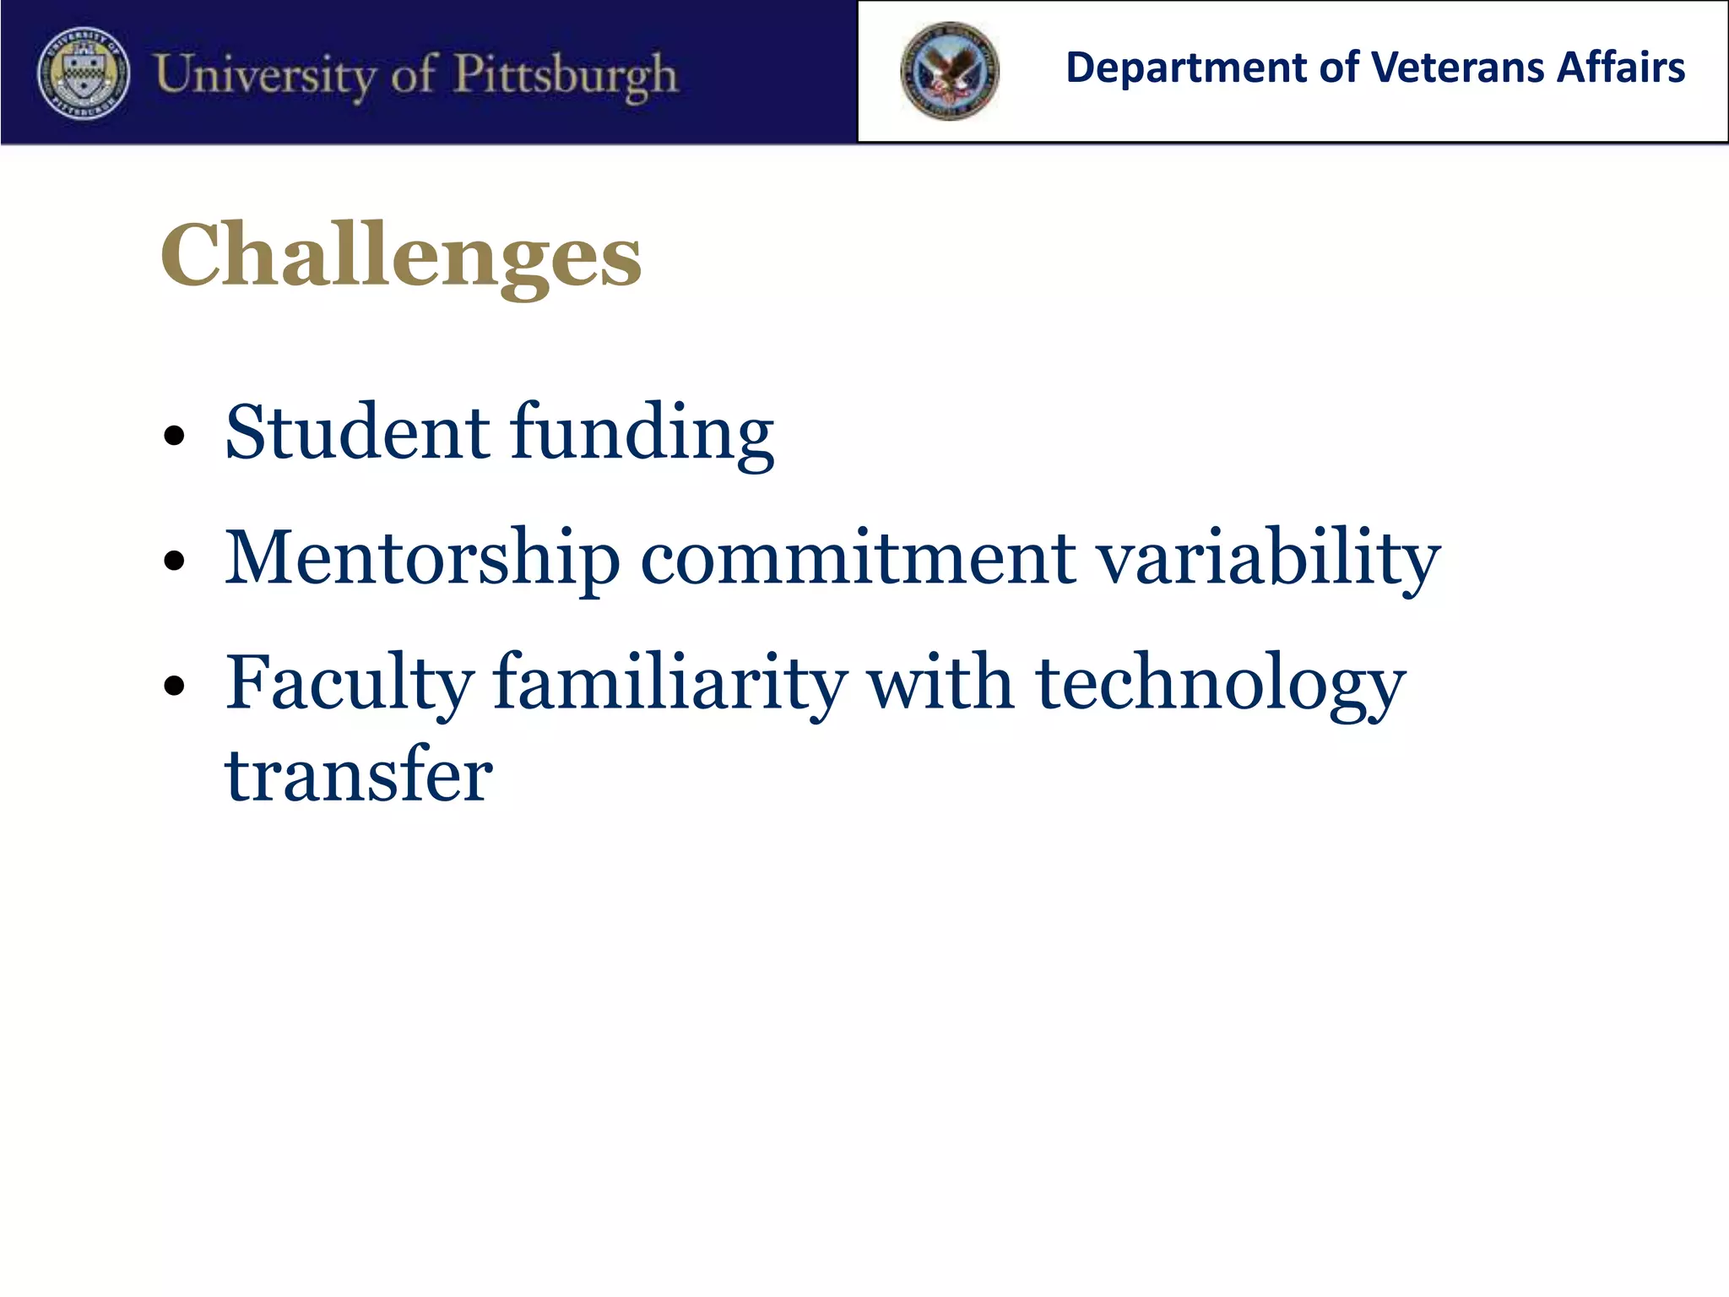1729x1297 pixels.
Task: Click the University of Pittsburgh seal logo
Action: pyautogui.click(x=84, y=74)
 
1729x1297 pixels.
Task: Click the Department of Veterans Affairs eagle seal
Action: pyautogui.click(x=949, y=71)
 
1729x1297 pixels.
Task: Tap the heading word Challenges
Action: pyautogui.click(x=401, y=256)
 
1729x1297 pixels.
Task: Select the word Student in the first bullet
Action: pyautogui.click(x=357, y=432)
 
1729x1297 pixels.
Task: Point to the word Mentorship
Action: pyautogui.click(x=422, y=559)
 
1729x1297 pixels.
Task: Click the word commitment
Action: pyautogui.click(x=858, y=559)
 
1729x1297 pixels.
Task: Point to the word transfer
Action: pyautogui.click(x=358, y=775)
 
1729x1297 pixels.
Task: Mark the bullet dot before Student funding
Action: pyautogui.click(x=174, y=437)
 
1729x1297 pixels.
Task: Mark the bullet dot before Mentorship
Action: pyautogui.click(x=174, y=562)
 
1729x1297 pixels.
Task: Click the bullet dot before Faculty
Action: pyautogui.click(x=174, y=686)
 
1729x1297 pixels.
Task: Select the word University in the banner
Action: pyautogui.click(x=263, y=74)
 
